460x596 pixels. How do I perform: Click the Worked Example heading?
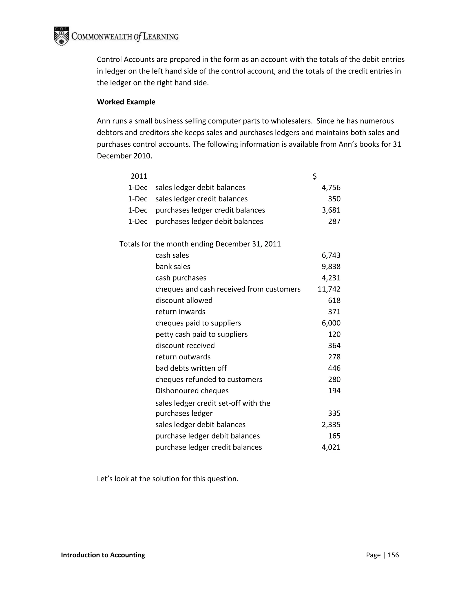coord(126,102)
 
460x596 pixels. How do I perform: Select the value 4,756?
coord(331,188)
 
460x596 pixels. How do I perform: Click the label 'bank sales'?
coord(173,266)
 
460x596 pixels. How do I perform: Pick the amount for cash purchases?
coord(331,278)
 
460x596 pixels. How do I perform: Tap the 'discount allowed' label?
coord(184,300)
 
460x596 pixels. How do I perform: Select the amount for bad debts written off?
coord(334,368)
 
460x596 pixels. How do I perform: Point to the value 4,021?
coord(331,447)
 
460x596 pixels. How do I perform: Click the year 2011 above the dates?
coord(139,176)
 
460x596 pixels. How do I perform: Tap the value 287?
coord(334,221)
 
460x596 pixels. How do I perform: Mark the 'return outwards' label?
coord(183,357)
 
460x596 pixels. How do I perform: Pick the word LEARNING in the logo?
coord(161,37)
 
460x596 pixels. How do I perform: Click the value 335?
coord(334,413)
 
